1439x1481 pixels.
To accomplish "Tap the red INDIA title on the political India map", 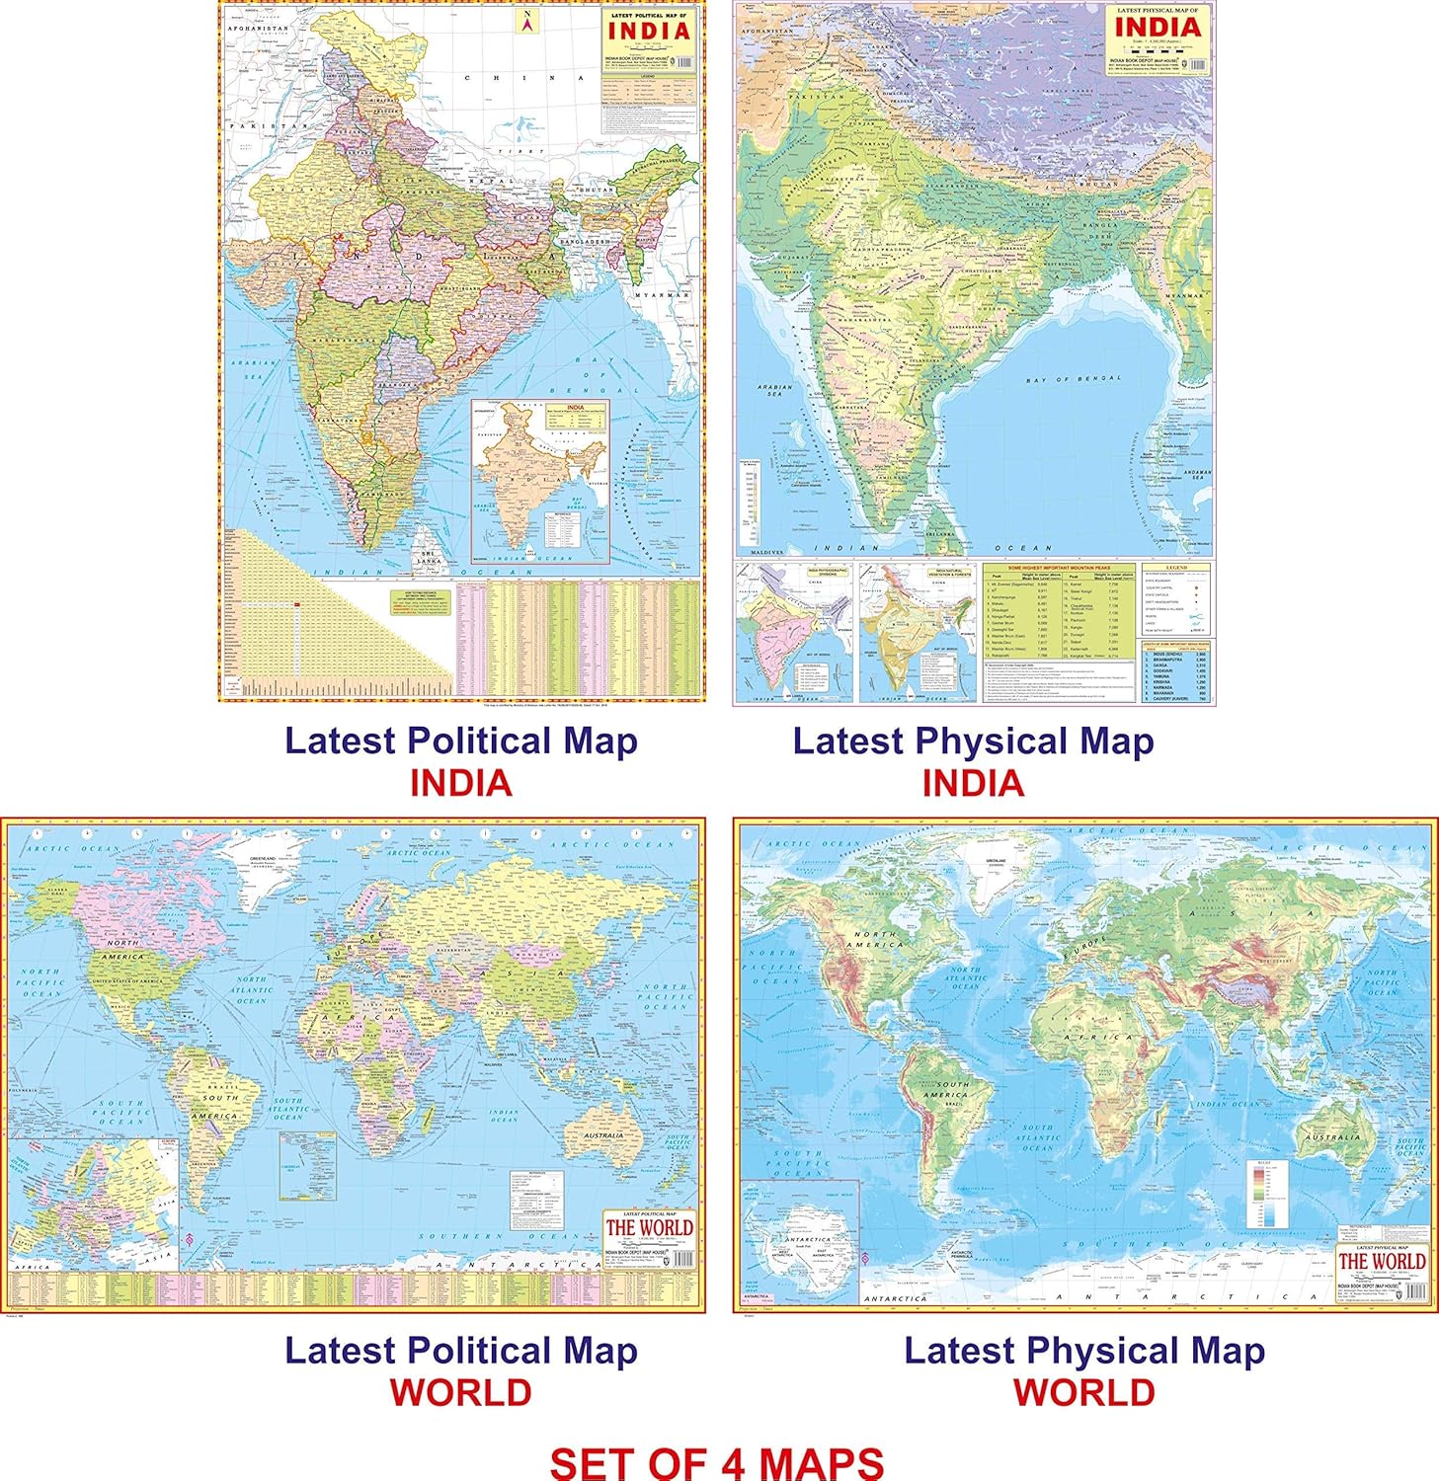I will click(x=649, y=30).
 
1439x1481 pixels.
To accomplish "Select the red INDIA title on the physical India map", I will click(x=1158, y=27).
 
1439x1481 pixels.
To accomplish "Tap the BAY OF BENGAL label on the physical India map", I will click(x=1074, y=379).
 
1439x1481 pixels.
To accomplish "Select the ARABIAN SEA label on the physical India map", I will click(x=774, y=390).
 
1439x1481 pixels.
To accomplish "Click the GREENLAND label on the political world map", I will click(x=262, y=860).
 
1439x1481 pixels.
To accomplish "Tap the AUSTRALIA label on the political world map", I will click(x=602, y=1135).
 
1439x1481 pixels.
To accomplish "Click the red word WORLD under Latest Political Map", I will click(x=460, y=1392).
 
